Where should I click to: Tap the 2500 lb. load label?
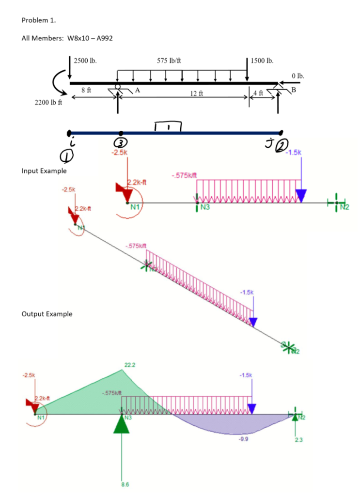pos(85,61)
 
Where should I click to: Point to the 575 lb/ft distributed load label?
pos(170,61)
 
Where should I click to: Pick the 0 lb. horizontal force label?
pos(298,76)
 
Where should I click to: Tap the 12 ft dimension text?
pos(193,93)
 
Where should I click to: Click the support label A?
pos(138,90)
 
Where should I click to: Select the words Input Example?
pos(44,171)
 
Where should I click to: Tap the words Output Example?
pos(47,314)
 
